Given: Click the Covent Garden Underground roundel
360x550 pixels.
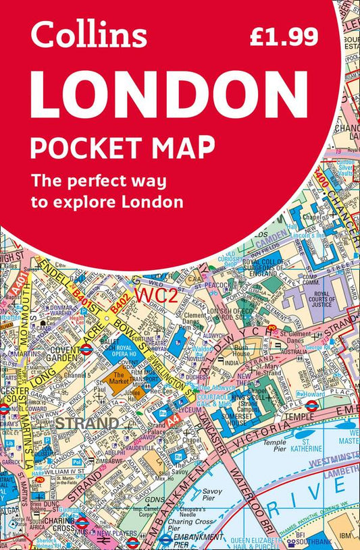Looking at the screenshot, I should pos(86,349).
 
